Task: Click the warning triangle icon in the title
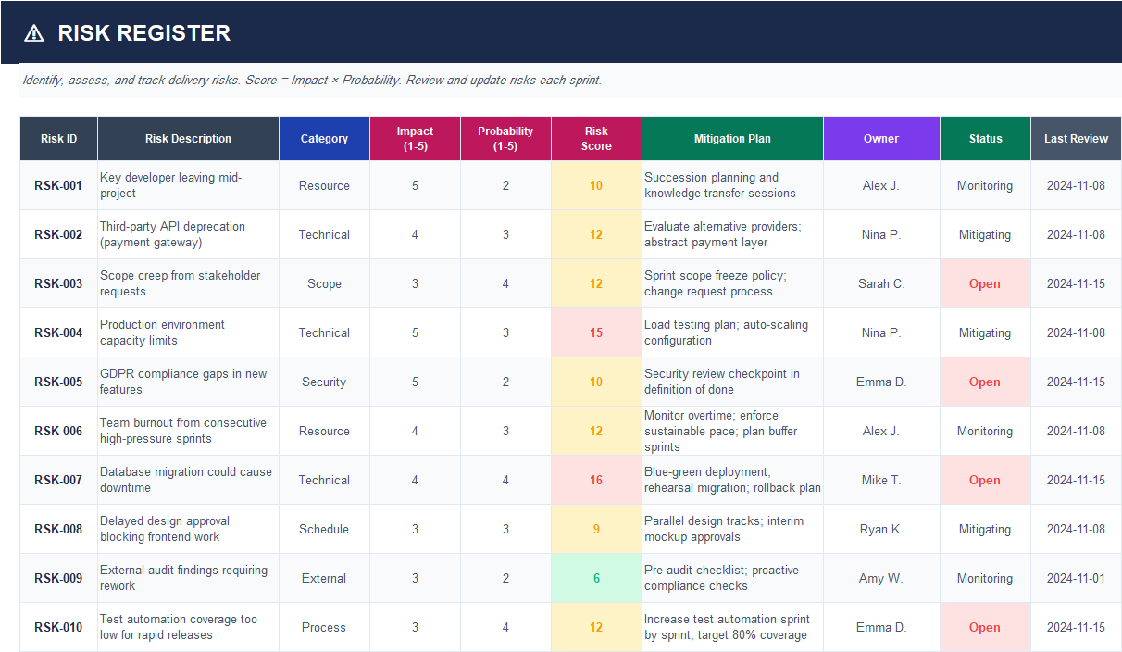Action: pos(34,33)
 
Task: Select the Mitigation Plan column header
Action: pos(732,139)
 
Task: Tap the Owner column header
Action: pos(881,139)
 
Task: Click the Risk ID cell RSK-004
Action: pos(58,332)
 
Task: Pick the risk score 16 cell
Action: pos(596,480)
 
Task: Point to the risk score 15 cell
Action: pos(596,332)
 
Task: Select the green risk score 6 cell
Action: pos(596,578)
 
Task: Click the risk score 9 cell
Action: pos(596,529)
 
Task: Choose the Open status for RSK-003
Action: pos(984,283)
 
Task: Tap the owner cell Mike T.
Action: pos(881,480)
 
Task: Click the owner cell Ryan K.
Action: pos(881,529)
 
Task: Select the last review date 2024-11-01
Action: pos(1076,578)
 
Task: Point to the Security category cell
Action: pos(324,382)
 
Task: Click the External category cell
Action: pos(324,578)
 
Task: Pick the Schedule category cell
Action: pos(324,529)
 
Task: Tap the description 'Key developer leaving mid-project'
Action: pos(171,185)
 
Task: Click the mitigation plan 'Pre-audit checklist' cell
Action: pos(721,578)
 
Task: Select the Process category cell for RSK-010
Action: pos(324,627)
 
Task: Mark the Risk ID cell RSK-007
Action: pos(58,480)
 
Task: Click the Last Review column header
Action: pos(1076,139)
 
